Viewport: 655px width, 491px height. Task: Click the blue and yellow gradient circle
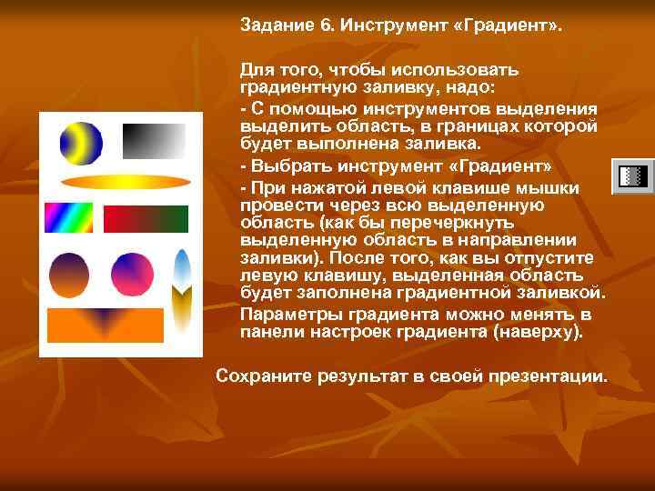click(81, 142)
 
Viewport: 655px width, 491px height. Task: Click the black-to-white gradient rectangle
click(154, 141)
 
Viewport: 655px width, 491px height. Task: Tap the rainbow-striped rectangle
click(69, 218)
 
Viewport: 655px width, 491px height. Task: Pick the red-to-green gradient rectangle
click(146, 219)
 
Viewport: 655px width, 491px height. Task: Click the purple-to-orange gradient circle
click(68, 274)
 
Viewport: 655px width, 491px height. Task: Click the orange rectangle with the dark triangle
click(105, 325)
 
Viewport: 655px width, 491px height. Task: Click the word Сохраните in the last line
click(259, 375)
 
